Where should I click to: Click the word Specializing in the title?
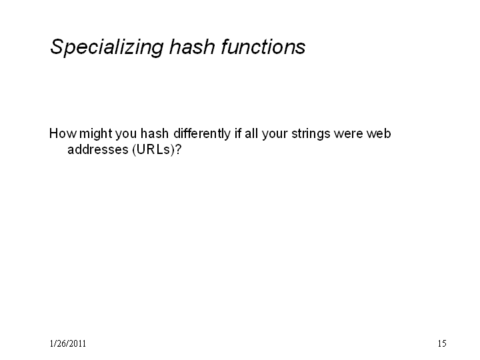[107, 47]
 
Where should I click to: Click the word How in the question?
[63, 133]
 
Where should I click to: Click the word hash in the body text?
[154, 133]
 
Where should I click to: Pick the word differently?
[202, 135]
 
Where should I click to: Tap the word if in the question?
[237, 133]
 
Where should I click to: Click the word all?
[251, 133]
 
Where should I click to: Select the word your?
[275, 135]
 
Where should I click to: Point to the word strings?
[311, 135]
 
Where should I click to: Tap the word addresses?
[97, 149]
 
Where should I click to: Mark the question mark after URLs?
[178, 149]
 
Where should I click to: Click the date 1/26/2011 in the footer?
[67, 343]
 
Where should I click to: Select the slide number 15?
[442, 343]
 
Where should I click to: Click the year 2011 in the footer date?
[78, 343]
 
